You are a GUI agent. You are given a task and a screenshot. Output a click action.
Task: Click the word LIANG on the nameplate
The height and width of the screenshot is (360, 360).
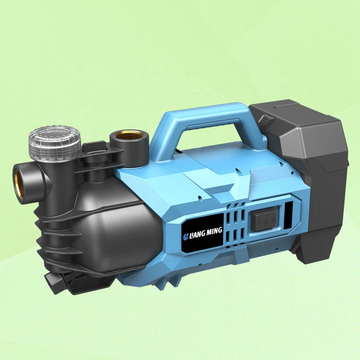coord(197,235)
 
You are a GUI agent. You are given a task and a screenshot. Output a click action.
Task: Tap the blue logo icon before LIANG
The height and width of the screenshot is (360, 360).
coord(185,237)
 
